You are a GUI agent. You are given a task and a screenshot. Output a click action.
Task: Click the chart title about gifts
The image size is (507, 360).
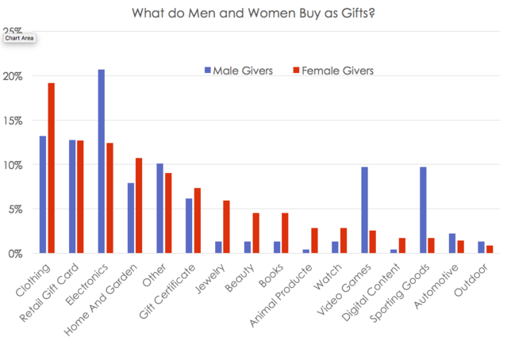[254, 13]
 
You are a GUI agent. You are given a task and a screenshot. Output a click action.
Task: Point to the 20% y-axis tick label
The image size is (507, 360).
[13, 76]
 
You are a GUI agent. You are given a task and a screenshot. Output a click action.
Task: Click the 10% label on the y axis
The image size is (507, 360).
[13, 165]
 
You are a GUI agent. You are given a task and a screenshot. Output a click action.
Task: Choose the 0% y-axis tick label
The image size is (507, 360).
[16, 254]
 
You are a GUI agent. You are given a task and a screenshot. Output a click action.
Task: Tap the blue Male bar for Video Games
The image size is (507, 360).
[364, 210]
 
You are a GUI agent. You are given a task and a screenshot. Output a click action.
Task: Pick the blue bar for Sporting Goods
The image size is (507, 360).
[423, 210]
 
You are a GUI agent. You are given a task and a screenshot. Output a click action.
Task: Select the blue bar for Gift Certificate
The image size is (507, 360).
[189, 226]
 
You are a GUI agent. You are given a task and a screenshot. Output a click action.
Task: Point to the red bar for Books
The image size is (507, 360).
[286, 233]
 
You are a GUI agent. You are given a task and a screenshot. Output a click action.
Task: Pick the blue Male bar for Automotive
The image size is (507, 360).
[452, 243]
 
